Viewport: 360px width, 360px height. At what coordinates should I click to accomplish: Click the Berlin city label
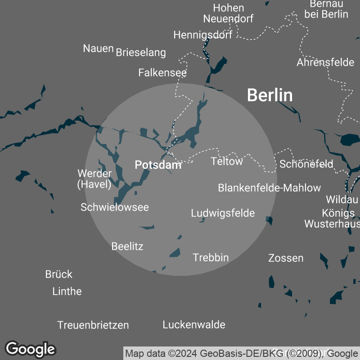[270, 95]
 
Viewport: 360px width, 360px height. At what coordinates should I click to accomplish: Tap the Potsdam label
[158, 165]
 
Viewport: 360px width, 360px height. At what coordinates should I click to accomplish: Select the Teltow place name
[227, 161]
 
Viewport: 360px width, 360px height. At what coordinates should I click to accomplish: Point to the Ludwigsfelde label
[223, 213]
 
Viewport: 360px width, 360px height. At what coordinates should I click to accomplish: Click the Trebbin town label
[211, 257]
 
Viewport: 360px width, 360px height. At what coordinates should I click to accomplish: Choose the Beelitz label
[127, 246]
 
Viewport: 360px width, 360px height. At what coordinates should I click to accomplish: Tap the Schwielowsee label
[114, 207]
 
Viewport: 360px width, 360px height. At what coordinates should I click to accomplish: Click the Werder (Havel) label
[94, 179]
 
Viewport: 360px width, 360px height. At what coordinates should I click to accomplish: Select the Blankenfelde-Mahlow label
[270, 188]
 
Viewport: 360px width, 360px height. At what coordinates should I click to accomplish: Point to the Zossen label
[286, 258]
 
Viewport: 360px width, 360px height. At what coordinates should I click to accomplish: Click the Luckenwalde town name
[194, 324]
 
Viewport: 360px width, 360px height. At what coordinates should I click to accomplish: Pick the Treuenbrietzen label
[93, 325]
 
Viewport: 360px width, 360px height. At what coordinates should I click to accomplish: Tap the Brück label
[59, 274]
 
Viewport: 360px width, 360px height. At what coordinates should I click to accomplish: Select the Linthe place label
[67, 291]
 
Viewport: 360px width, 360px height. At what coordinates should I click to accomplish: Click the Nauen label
[98, 48]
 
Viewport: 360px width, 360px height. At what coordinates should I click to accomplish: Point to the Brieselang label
[141, 53]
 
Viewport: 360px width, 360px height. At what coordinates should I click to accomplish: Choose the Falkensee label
[162, 72]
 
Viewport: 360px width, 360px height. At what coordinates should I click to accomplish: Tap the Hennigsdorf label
[202, 35]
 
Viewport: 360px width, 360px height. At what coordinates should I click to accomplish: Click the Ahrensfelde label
[325, 63]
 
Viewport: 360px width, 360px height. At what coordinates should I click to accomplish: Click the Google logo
[31, 349]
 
